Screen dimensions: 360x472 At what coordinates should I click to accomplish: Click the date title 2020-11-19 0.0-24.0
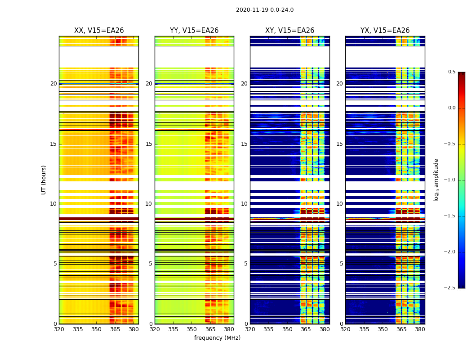pos(265,10)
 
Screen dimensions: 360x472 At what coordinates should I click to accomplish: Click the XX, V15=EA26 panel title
pos(99,31)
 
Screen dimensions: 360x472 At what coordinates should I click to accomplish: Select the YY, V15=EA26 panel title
pos(194,31)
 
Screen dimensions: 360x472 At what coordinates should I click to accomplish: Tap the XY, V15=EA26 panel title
pos(289,31)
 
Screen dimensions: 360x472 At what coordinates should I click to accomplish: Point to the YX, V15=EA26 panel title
pos(385,31)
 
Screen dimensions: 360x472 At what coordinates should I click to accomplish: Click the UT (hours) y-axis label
pos(44,180)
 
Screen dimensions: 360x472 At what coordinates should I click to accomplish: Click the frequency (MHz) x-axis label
pos(217,338)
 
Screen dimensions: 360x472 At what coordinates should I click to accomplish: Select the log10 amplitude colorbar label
pos(436,180)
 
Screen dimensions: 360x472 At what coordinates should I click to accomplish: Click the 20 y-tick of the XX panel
pos(53,84)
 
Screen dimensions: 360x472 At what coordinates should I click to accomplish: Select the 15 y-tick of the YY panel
pos(149,144)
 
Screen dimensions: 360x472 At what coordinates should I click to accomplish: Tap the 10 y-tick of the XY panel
pos(244,204)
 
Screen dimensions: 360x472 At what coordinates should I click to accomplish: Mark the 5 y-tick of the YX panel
pos(341,264)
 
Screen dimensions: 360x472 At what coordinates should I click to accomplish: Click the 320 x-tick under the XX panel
pos(59,329)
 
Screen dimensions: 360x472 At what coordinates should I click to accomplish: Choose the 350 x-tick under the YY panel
pos(192,329)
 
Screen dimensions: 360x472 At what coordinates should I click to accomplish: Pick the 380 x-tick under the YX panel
pos(420,329)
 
